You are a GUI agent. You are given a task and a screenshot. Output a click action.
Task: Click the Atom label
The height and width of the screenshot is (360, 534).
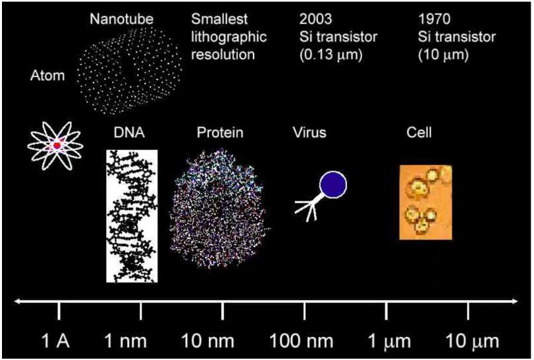[47, 76]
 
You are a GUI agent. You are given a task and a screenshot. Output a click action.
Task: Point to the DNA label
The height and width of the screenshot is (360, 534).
[129, 134]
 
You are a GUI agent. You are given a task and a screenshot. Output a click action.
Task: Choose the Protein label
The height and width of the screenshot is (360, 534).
[220, 134]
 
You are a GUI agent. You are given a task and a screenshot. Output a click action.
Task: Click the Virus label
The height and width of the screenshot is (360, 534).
[309, 134]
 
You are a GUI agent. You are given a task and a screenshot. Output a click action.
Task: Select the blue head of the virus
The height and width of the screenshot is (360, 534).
[333, 185]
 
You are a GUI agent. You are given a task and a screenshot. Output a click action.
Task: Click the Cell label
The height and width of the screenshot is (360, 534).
[419, 134]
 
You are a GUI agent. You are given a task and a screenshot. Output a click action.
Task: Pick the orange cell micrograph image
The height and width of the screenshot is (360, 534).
[426, 202]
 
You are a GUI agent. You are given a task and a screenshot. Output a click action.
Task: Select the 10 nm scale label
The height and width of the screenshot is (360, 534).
[211, 342]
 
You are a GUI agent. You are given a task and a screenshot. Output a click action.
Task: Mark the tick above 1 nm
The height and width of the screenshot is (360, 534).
[141, 310]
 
